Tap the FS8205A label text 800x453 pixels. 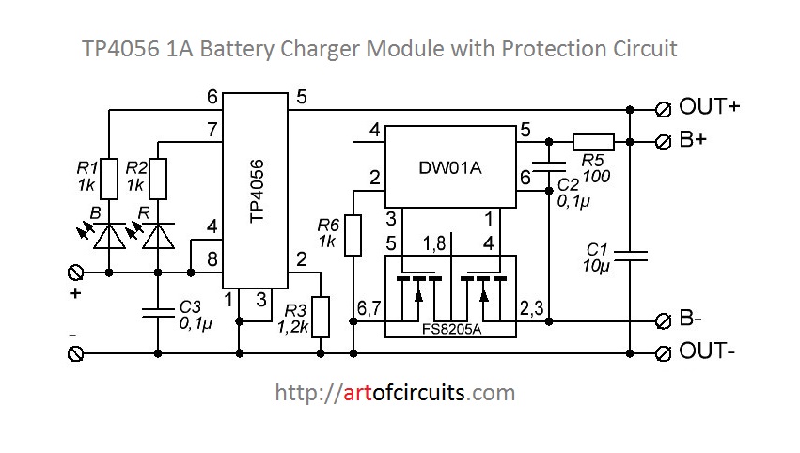[x=451, y=330]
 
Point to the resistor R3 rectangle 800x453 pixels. [x=322, y=317]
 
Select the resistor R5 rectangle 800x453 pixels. [x=592, y=142]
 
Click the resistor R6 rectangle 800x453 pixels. [x=353, y=235]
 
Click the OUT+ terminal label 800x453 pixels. [x=709, y=106]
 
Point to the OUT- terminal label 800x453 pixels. [x=707, y=352]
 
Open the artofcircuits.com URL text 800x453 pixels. [x=395, y=392]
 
